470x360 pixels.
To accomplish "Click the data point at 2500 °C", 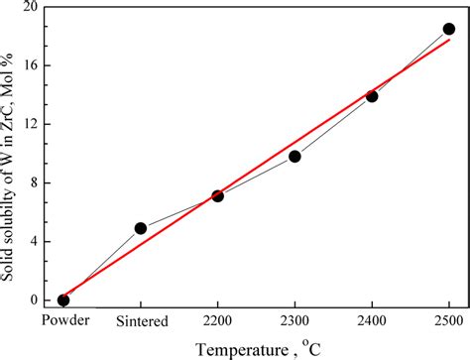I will click(x=448, y=29).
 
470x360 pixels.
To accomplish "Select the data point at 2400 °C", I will click(x=372, y=96).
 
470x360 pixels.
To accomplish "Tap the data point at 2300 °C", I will click(x=294, y=156).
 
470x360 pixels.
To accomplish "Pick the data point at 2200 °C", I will click(x=217, y=195).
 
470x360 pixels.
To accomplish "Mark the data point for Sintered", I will click(x=141, y=228).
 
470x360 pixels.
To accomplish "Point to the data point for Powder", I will click(x=63, y=300).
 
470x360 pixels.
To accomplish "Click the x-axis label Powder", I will click(x=63, y=320).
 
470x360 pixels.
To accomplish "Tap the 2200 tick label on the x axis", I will click(x=217, y=320).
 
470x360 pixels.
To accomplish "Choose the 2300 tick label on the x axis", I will click(x=294, y=320).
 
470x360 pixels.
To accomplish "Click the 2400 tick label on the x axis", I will click(x=372, y=320).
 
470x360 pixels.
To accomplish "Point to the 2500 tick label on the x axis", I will click(x=448, y=320).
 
